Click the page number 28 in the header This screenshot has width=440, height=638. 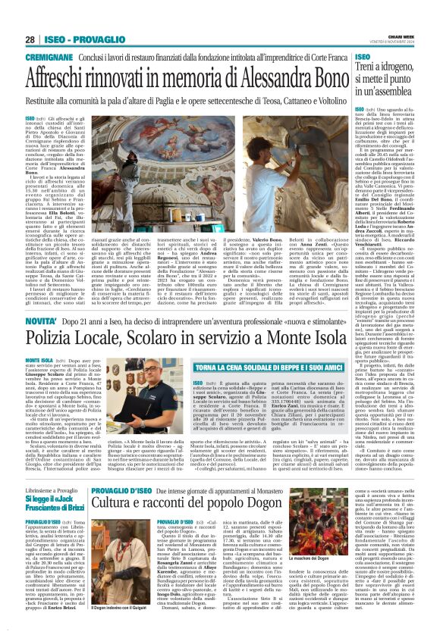pos(30,39)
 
